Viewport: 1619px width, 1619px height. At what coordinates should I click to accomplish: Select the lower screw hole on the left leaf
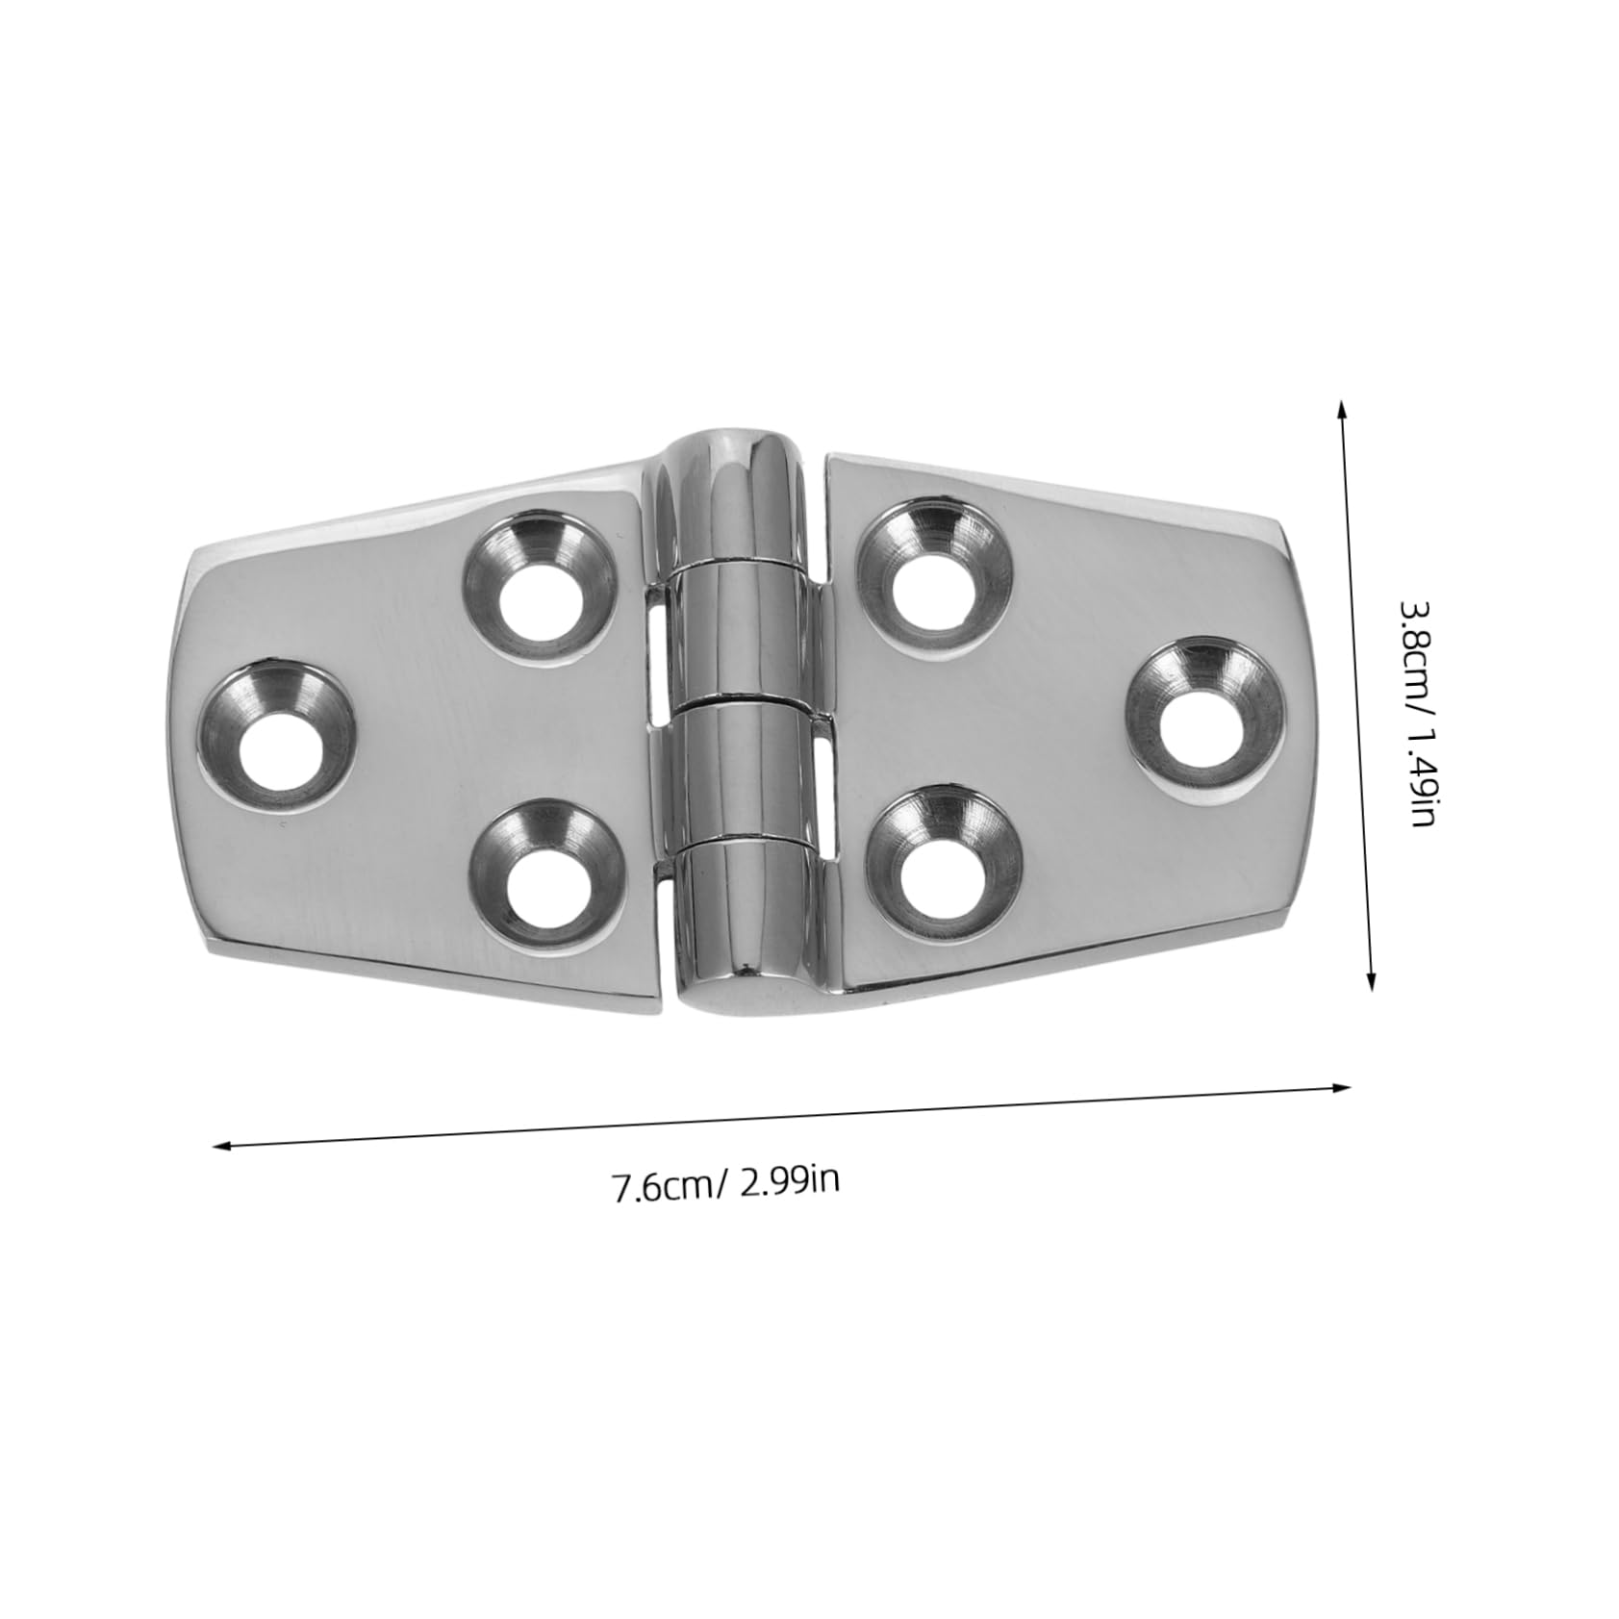coord(544,886)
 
